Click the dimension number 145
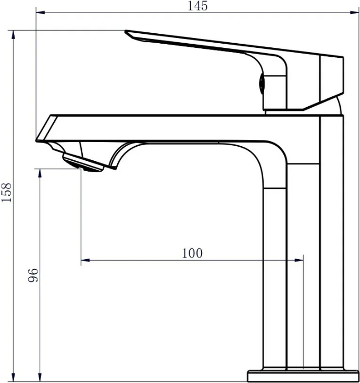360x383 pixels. coord(197,6)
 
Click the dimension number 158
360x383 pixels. coord(6,192)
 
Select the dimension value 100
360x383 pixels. coord(192,253)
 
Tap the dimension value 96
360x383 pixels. coord(33,275)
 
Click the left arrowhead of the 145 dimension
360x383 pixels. coord(41,12)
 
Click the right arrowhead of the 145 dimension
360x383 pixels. coord(354,12)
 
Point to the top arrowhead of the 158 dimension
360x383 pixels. coord(14,35)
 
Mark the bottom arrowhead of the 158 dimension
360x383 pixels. coord(14,377)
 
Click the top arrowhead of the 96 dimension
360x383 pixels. coord(40,173)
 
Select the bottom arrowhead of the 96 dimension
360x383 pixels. coord(40,377)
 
